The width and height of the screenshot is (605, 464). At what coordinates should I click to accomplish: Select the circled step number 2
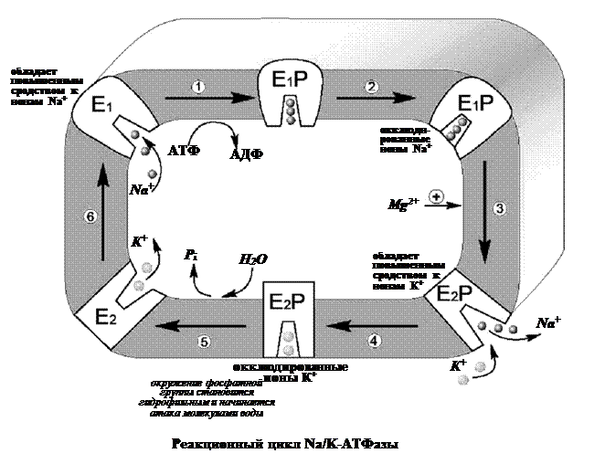pos(371,87)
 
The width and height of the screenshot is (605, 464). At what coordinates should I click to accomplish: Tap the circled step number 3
pos(498,208)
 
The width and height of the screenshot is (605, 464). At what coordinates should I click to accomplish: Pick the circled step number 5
pos(204,342)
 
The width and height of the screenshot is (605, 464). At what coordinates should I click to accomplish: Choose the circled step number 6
pos(90,216)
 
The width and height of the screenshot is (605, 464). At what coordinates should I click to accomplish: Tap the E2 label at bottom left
pos(106,317)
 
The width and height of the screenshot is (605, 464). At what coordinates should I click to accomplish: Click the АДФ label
pos(246,155)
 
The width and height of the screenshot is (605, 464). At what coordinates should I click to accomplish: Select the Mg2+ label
pos(402,202)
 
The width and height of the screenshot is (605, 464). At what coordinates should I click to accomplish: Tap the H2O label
pos(253,259)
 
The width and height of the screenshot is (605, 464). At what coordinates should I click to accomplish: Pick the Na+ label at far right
pos(548,322)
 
